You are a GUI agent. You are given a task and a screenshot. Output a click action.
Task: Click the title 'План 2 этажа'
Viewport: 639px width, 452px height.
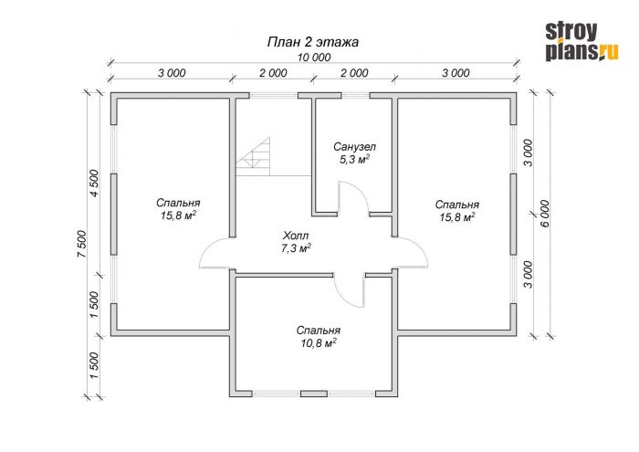pos(312,42)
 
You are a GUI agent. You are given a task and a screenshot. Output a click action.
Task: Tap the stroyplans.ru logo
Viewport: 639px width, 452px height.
pos(581,42)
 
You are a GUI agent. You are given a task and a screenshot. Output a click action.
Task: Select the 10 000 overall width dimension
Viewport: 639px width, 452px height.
pos(313,58)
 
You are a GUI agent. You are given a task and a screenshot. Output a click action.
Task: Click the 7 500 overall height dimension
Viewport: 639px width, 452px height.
pos(82,244)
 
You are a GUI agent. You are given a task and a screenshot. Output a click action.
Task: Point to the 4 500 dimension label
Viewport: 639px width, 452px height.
pos(94,183)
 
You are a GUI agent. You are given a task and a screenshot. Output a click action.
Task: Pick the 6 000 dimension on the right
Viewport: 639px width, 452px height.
pos(546,213)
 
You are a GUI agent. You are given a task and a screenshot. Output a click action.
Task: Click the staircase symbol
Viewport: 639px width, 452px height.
pos(253,157)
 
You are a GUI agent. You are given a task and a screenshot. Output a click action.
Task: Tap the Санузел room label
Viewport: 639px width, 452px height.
pos(354,146)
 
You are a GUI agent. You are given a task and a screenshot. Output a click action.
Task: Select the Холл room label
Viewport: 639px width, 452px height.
pos(296,236)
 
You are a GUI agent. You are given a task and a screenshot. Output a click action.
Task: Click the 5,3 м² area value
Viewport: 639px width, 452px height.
pos(354,159)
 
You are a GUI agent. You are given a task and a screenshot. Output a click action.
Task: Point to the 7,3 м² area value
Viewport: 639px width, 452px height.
pos(297,248)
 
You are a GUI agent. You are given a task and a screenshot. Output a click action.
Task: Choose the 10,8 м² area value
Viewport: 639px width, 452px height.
pos(319,343)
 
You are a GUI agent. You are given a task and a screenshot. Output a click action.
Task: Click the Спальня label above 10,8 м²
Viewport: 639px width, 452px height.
pos(319,331)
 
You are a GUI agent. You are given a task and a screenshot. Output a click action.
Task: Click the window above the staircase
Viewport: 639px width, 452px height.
pos(274,95)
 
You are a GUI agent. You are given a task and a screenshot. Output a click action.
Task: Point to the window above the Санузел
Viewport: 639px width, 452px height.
pos(355,95)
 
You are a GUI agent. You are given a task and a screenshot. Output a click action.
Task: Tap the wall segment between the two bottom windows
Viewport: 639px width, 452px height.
pos(314,394)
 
